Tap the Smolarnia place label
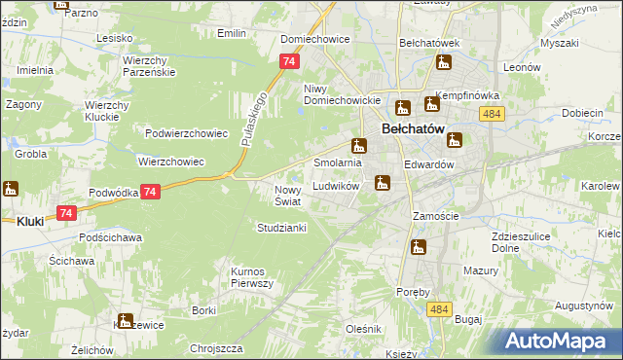337,162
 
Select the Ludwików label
337,186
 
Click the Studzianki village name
281,228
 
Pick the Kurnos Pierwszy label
252,276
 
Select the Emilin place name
231,33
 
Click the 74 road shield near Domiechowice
287,61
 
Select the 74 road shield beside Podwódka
149,193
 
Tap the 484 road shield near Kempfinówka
491,115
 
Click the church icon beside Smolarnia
359,146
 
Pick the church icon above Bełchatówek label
445,63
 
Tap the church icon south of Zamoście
419,247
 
